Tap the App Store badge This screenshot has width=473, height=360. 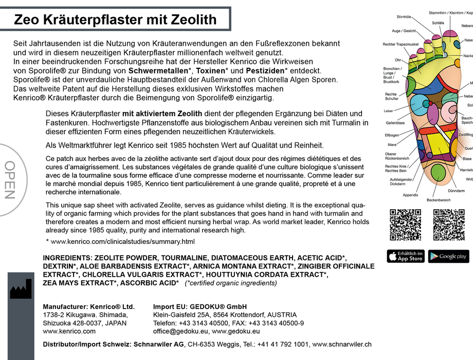coord(405,256)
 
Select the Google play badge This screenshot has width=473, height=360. coord(448,256)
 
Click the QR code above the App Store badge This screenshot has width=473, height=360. coord(405,225)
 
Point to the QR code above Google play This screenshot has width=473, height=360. coord(448,225)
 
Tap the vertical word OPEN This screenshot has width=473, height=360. coord(10,180)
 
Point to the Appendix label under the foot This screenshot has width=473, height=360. coord(410,195)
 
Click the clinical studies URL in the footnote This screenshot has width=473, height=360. coord(123,241)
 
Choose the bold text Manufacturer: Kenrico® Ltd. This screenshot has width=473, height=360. coord(88,307)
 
